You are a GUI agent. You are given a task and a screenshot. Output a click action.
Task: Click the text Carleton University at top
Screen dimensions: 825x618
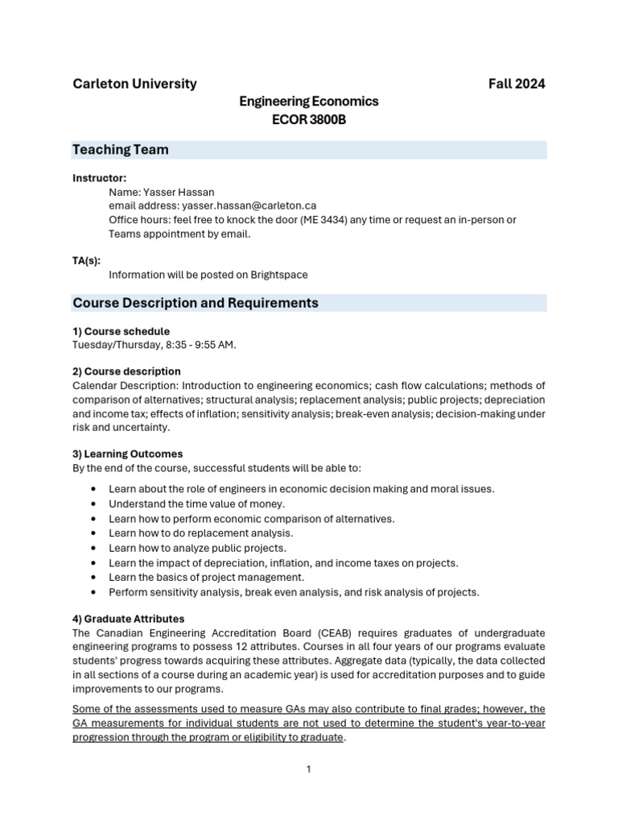[134, 84]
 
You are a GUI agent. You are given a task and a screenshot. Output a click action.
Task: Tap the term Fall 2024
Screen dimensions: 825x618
[517, 84]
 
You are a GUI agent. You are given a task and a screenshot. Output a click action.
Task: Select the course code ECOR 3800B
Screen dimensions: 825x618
[309, 120]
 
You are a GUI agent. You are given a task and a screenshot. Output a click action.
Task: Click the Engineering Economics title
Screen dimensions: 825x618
[309, 102]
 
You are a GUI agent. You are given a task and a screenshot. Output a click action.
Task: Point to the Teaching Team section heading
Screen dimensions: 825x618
[121, 150]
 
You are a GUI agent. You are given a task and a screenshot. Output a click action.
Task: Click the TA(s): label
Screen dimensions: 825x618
[87, 260]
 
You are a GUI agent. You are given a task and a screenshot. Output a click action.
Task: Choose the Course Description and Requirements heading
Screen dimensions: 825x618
[196, 303]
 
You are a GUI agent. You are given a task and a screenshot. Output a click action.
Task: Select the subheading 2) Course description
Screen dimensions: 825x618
[126, 371]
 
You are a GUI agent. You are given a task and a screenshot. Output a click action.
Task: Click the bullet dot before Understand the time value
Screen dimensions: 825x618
[96, 504]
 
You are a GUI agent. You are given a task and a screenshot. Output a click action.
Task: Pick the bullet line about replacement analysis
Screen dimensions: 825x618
[201, 533]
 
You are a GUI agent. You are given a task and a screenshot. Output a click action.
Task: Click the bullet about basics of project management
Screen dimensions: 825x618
[207, 577]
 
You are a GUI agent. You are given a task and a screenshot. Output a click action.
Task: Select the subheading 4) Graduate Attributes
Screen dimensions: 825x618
[129, 619]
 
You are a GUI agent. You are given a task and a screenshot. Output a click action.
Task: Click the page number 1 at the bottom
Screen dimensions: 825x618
[308, 769]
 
